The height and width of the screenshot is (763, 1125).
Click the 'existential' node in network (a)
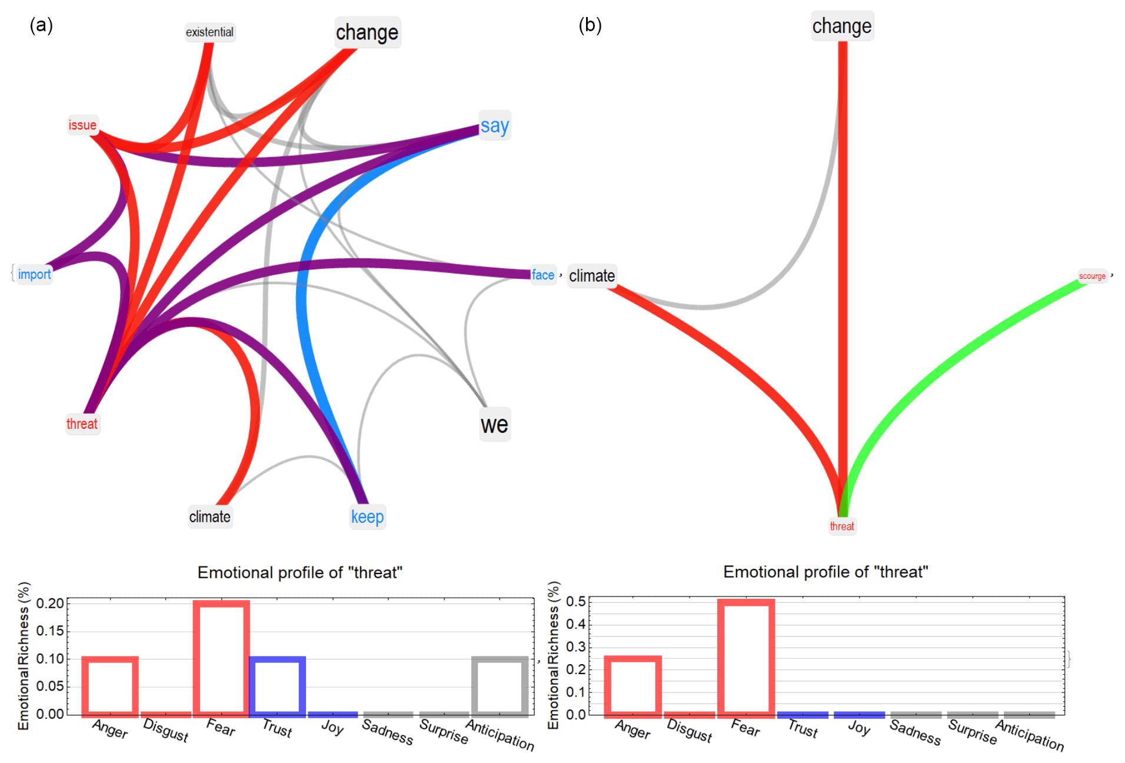click(x=209, y=32)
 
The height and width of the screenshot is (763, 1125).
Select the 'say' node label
click(x=494, y=126)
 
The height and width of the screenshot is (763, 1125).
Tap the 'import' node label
click(x=34, y=275)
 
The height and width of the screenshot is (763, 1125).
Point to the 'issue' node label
click(x=82, y=125)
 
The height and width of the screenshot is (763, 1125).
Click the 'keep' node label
click(x=367, y=517)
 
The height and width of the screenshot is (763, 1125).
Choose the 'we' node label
click(x=494, y=425)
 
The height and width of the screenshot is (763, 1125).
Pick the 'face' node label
click(x=542, y=275)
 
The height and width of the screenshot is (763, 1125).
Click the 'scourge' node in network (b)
click(x=1091, y=276)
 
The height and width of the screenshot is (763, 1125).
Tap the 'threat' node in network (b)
click(x=841, y=527)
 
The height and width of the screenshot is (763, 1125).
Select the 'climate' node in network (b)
click(x=591, y=276)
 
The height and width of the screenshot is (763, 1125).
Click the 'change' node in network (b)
click(x=841, y=26)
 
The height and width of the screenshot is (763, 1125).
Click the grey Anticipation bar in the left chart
click(x=500, y=686)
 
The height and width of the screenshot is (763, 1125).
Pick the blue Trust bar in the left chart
click(x=277, y=686)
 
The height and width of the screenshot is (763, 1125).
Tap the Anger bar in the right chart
click(x=633, y=686)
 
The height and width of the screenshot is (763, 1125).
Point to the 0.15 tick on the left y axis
click(x=50, y=631)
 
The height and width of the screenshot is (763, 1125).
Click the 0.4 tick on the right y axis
click(x=575, y=624)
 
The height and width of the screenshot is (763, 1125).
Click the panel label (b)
click(x=590, y=25)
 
